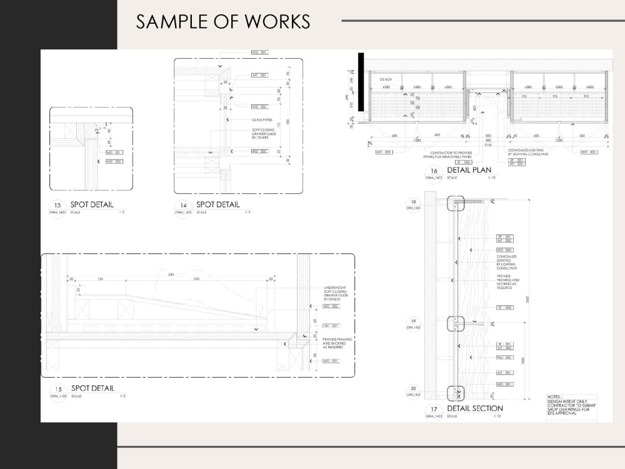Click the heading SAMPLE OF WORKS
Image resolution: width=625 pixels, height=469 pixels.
(223, 21)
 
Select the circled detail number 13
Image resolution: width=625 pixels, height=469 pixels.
(58, 206)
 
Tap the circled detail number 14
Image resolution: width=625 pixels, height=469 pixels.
(183, 206)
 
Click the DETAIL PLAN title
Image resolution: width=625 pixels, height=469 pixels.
(469, 170)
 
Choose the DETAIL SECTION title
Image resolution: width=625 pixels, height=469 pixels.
(474, 408)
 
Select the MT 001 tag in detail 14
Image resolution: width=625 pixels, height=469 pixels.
(259, 75)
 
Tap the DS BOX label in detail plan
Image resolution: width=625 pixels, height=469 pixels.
(385, 80)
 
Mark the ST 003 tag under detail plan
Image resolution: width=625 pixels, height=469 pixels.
(462, 162)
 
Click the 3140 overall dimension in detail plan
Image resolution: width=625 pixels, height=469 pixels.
(488, 145)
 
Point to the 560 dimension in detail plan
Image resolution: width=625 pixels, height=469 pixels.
(488, 140)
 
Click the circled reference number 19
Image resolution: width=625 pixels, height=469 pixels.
(412, 323)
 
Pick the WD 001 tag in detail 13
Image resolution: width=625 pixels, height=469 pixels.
(113, 153)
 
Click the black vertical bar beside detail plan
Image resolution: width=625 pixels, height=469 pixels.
(361, 63)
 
